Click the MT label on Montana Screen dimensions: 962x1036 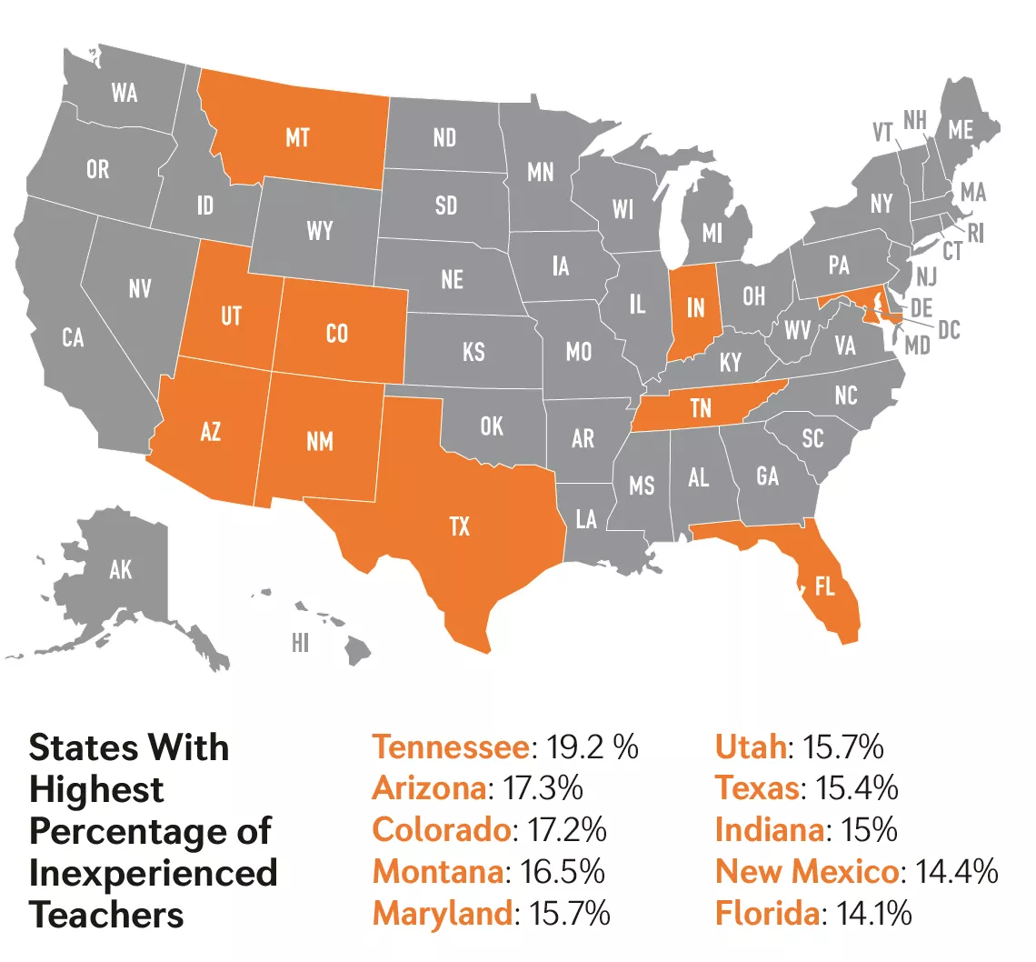pos(297,137)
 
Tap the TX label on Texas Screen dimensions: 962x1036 pos(460,526)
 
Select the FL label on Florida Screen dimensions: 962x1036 pos(824,587)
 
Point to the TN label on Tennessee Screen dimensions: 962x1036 pos(700,409)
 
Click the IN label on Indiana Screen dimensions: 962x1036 pos(695,307)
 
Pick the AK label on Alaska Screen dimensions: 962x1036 pos(120,570)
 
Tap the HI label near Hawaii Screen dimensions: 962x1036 pos(301,644)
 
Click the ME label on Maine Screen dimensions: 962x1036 pos(961,130)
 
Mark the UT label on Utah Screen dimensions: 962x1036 pos(231,316)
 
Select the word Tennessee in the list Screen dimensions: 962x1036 pos(451,747)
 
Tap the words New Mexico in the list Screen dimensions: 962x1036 pos(807,871)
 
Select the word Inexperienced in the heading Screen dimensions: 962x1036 pos(154,873)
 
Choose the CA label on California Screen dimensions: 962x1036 pos(74,338)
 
